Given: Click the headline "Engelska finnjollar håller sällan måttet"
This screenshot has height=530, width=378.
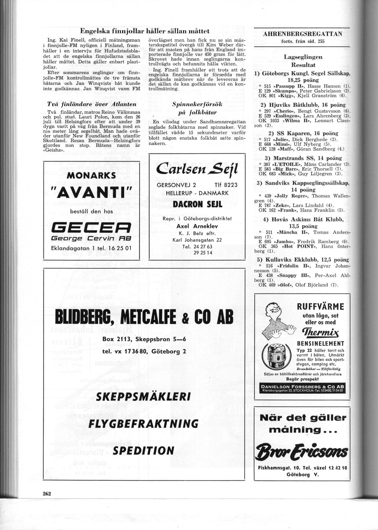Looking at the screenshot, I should click(x=145, y=31).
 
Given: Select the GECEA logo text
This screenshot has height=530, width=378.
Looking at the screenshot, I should click(x=91, y=227).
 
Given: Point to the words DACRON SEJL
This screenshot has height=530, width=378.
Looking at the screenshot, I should click(x=197, y=204).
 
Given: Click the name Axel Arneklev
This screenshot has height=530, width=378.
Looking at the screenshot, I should click(x=197, y=226).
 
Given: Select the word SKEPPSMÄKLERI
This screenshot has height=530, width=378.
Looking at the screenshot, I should click(x=143, y=397).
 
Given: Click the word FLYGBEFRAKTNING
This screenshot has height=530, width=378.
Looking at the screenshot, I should click(x=143, y=424).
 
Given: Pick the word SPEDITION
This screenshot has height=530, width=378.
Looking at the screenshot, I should click(x=143, y=450).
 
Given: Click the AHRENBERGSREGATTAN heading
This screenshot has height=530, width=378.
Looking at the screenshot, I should click(x=302, y=34).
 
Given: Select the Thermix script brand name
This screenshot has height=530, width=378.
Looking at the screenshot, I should click(x=320, y=333).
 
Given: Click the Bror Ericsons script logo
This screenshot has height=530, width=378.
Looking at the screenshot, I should click(x=302, y=453).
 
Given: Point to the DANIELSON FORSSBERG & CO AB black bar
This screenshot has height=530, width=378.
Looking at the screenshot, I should click(x=302, y=388).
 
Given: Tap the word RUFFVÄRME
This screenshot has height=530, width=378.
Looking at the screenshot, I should click(x=320, y=306).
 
